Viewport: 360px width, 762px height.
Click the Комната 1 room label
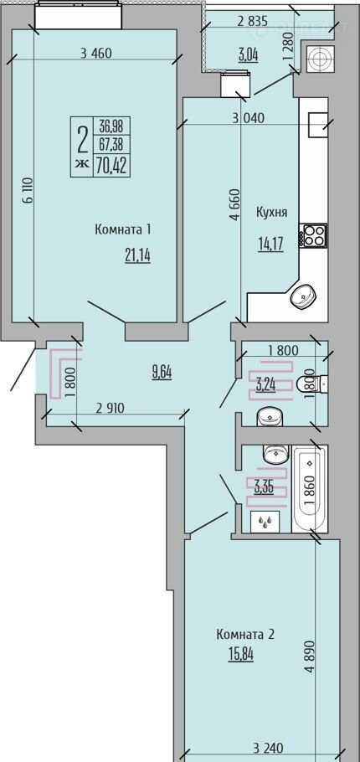click(x=122, y=229)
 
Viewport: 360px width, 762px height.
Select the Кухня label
click(x=271, y=213)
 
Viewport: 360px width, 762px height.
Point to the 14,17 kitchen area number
click(x=270, y=242)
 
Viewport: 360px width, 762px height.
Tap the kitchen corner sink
click(x=304, y=296)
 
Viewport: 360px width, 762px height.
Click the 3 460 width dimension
click(x=95, y=54)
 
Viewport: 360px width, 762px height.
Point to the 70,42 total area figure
click(x=111, y=166)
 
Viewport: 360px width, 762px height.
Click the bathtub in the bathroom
click(x=310, y=490)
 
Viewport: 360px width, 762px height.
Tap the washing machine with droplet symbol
click(x=265, y=522)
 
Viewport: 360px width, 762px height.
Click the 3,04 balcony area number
click(x=248, y=54)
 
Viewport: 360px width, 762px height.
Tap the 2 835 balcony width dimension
click(x=253, y=20)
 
